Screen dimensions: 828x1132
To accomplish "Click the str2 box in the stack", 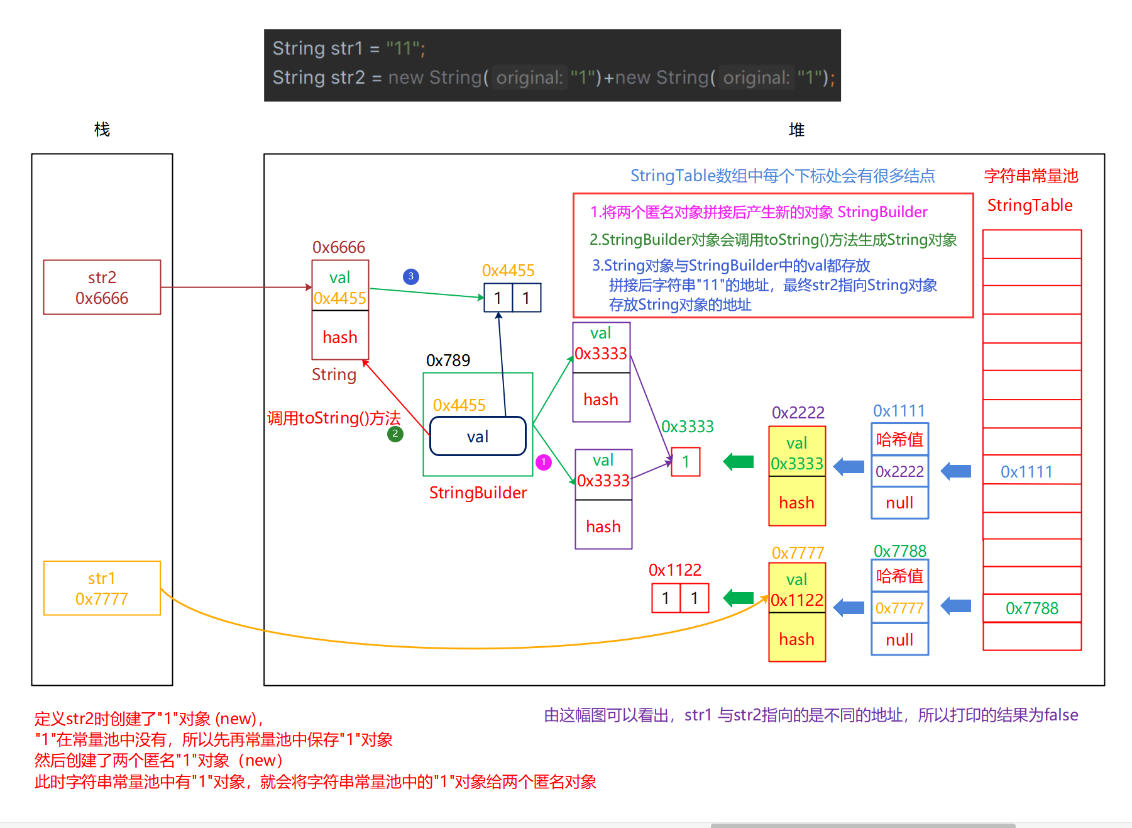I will coord(102,288).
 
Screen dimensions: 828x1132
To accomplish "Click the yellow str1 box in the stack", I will coord(102,588).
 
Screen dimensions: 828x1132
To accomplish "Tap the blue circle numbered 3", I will coord(411,276).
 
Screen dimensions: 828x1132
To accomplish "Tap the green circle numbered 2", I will coord(395,434).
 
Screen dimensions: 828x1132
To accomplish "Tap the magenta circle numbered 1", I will coord(544,462).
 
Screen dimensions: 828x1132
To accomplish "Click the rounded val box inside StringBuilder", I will coord(478,436).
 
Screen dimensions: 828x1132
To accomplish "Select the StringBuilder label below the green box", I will coord(478,493).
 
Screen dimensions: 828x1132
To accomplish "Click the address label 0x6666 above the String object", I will coord(339,247).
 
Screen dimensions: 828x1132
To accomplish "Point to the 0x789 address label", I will coord(448,361).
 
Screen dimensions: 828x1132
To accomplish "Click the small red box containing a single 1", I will coord(686,462).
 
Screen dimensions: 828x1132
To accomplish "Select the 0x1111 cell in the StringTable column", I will coord(1032,471).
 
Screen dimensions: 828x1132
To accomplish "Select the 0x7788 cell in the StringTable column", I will coord(1032,608).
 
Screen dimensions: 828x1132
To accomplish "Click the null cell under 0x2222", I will coord(899,503).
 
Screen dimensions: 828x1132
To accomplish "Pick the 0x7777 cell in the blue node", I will coord(899,608).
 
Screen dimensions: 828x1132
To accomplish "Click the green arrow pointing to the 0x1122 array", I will coord(739,598).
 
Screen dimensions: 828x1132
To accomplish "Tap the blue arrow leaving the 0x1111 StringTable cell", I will coord(956,471).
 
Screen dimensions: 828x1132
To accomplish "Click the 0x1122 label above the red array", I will coord(675,570).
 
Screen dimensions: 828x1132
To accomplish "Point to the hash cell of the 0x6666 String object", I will coord(340,337).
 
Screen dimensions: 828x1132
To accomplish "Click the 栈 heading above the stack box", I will coord(102,130).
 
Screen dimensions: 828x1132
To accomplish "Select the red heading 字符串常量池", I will coord(1031,176).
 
